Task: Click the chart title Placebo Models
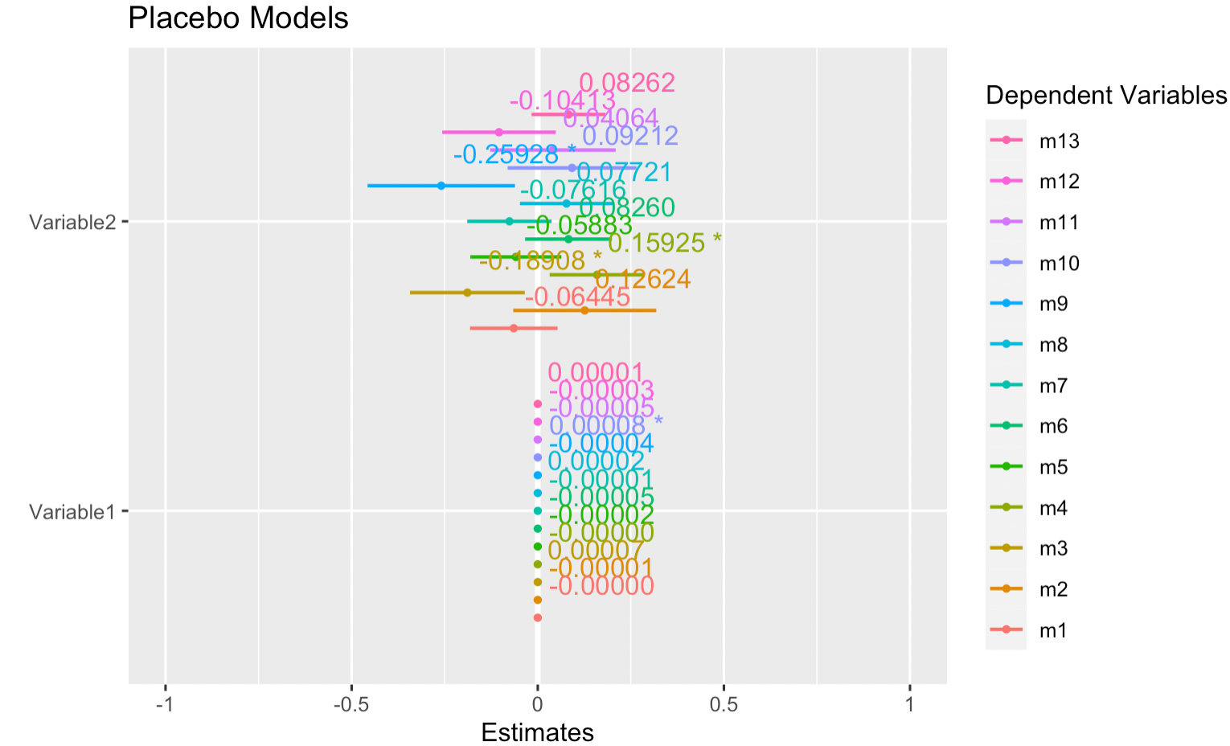click(x=238, y=18)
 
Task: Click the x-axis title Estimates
click(x=537, y=732)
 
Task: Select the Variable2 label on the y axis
click(x=72, y=222)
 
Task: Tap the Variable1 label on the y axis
click(x=72, y=512)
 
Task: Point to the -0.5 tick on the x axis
click(x=351, y=705)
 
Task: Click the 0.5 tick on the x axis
click(x=724, y=705)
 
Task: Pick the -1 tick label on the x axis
click(x=165, y=705)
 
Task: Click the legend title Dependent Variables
click(x=1106, y=96)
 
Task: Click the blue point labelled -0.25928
click(x=441, y=186)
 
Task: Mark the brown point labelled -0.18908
click(x=467, y=293)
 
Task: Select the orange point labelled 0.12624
click(x=584, y=310)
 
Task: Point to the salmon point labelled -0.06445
click(x=514, y=328)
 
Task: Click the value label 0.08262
click(x=627, y=83)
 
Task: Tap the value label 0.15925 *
click(x=664, y=242)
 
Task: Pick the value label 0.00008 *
click(x=605, y=425)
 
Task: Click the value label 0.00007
click(x=596, y=551)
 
